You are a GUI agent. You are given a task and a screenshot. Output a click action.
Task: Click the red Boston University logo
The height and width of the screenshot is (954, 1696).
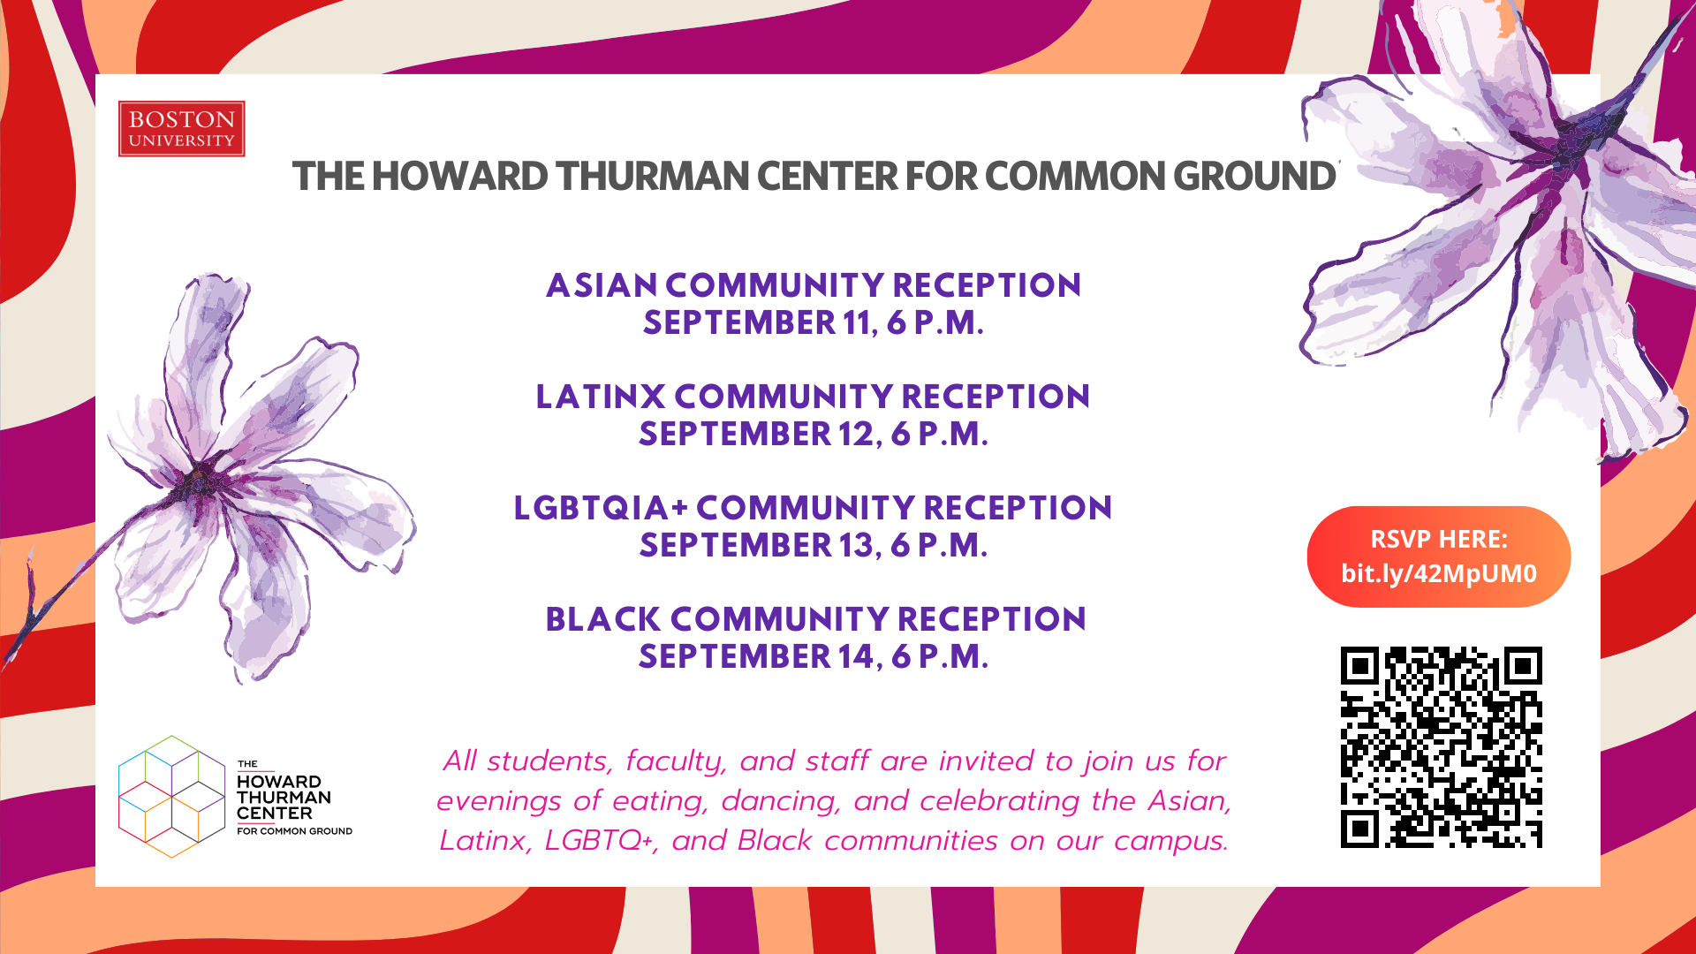click(x=181, y=129)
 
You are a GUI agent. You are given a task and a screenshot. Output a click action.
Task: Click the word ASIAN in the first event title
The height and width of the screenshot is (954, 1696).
click(x=602, y=285)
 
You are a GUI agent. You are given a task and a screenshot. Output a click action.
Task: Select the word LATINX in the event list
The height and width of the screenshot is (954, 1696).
click(x=601, y=397)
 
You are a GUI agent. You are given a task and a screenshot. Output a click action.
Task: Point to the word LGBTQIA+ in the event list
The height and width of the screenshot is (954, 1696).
click(x=601, y=508)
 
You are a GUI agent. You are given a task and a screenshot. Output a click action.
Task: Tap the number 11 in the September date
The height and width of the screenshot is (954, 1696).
click(x=857, y=322)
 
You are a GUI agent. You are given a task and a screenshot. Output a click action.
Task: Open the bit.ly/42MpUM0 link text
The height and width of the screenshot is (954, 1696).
click(x=1439, y=574)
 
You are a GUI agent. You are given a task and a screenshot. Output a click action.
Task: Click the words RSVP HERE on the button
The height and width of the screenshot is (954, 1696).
click(x=1439, y=539)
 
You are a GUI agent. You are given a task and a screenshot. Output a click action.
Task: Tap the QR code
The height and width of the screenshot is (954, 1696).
click(x=1442, y=747)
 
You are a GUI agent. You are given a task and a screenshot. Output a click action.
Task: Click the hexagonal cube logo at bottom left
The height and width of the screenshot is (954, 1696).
click(x=172, y=797)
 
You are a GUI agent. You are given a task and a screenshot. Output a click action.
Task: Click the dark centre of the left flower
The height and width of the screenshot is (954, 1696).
click(x=201, y=481)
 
